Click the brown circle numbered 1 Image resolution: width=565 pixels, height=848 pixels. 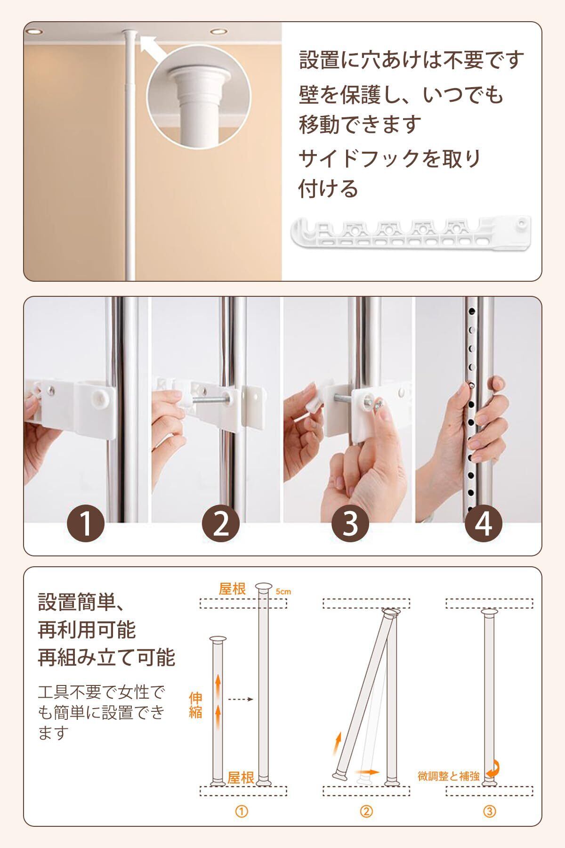pos(86,523)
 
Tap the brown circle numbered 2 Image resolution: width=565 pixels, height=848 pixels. pos(220,523)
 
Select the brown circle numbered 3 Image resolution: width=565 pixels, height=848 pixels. pos(350,523)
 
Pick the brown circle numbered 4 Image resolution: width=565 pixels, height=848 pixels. pos(484,523)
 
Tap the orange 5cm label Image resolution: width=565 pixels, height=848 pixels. pos(283,591)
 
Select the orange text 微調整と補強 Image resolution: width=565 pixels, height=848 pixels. pos(449,776)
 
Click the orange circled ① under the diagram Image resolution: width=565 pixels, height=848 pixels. pos(242,811)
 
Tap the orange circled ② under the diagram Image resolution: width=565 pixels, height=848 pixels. pos(366,811)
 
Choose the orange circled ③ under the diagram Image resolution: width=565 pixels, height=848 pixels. pos(490,811)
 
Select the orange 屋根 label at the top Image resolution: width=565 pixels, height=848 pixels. pos(233,589)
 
